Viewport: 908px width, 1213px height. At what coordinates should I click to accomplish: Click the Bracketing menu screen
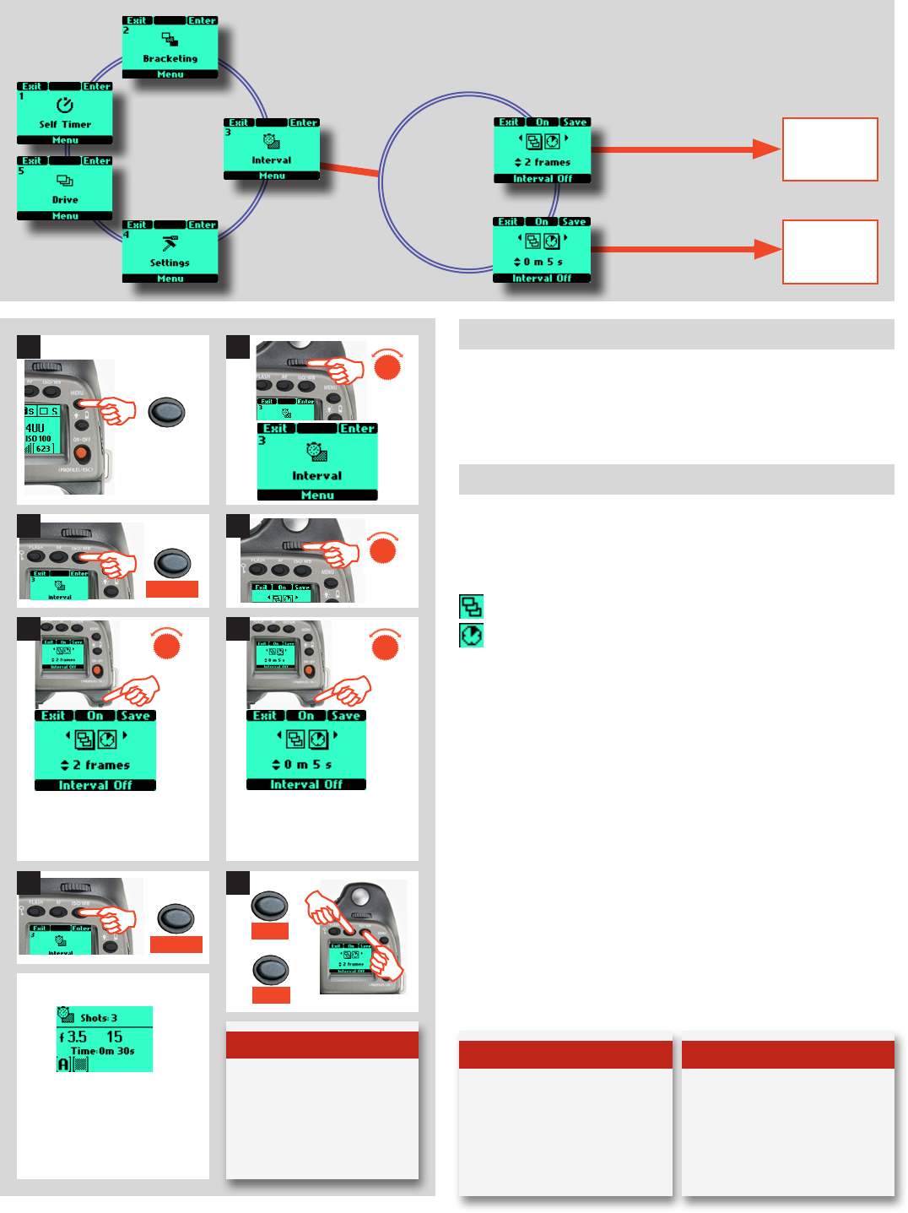tap(170, 48)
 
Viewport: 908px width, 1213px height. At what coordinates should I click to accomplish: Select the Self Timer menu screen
tap(65, 114)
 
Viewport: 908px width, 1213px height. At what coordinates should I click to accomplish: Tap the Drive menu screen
tap(65, 189)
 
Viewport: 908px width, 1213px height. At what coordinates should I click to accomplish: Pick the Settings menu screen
tap(170, 252)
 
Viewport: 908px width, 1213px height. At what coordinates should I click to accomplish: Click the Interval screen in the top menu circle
tap(272, 149)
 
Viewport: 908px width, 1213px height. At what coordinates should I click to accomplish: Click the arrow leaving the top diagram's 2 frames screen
tap(684, 149)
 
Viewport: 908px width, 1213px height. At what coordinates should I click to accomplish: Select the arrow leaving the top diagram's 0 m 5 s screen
tap(684, 249)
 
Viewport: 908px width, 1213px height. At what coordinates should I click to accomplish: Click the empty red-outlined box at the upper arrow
tap(830, 149)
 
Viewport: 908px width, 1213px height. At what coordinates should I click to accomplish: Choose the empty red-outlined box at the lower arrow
tap(830, 252)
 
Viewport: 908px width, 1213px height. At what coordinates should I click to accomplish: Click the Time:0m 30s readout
tap(103, 1052)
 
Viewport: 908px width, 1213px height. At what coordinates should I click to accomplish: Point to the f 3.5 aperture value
tap(73, 1037)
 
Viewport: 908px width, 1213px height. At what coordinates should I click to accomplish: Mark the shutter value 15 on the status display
tap(115, 1037)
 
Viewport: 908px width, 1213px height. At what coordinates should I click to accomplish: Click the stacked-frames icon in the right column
tap(471, 606)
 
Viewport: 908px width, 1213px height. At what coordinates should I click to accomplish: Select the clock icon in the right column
tap(471, 635)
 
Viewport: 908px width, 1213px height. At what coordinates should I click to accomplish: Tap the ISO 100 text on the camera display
tap(39, 439)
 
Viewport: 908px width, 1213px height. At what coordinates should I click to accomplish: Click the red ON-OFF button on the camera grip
tap(81, 453)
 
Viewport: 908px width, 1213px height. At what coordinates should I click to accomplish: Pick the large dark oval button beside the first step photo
tap(166, 412)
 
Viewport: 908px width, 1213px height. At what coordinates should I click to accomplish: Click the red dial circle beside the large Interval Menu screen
tap(387, 366)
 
